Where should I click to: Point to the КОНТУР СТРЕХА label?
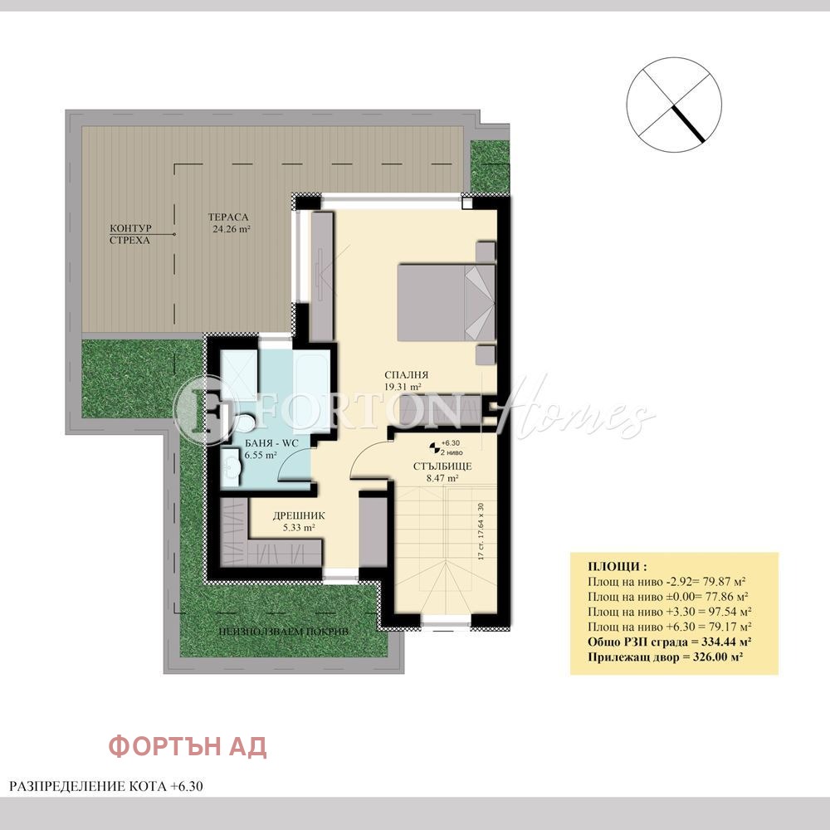(x=131, y=233)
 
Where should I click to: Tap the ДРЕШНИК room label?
(x=299, y=515)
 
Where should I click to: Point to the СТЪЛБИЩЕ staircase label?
(x=442, y=466)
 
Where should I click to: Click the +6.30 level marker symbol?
(x=433, y=445)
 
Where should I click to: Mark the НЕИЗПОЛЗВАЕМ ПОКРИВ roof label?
(x=284, y=632)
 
